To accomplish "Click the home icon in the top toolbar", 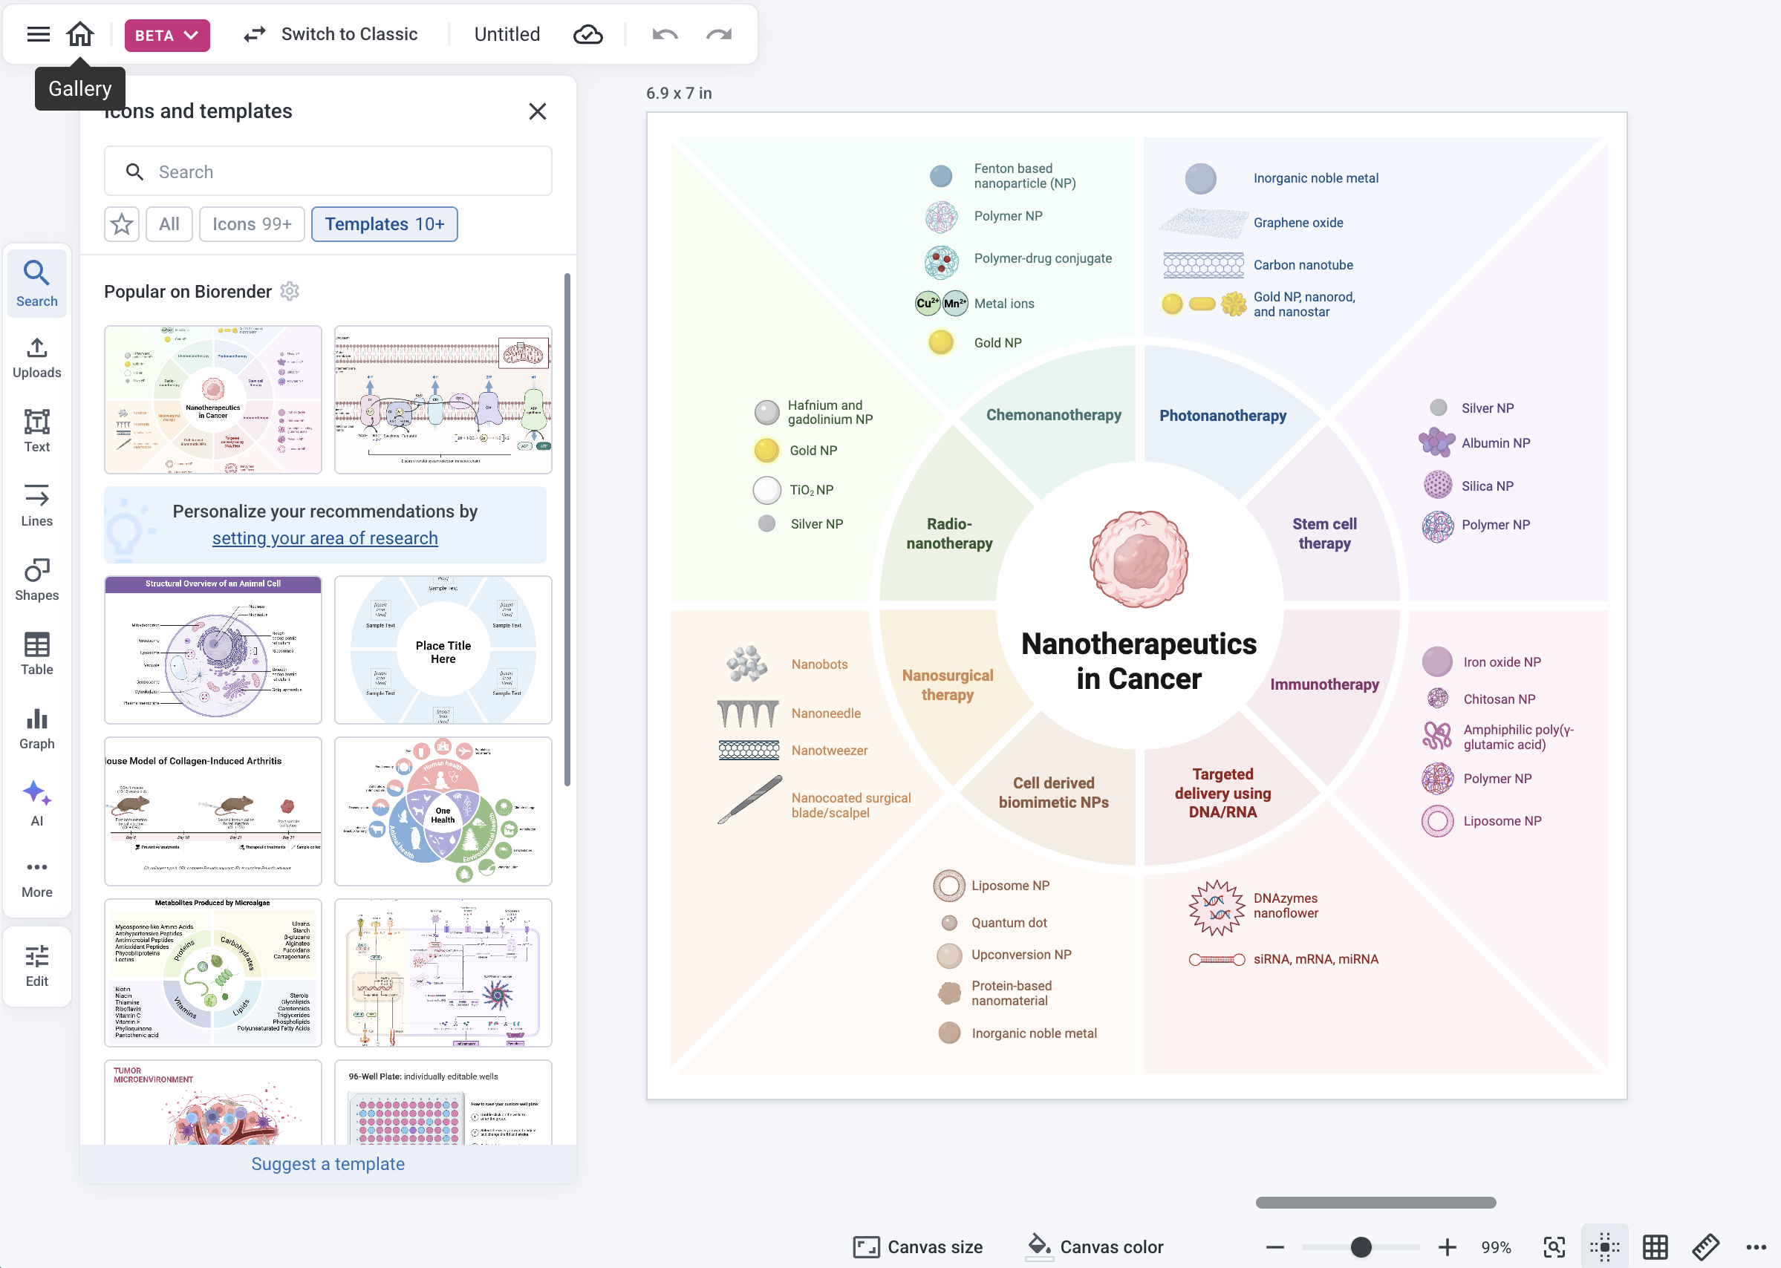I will pos(79,34).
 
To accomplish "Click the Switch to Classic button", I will pos(331,34).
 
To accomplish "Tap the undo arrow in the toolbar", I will pos(665,34).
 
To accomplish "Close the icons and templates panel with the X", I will pos(538,111).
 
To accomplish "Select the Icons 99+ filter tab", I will pos(252,225).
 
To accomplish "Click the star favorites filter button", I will pos(122,225).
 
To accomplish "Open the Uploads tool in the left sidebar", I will pos(36,358).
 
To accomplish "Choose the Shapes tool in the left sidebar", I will pos(36,579).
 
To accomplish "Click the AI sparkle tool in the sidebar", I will pos(36,803).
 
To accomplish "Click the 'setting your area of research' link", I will pos(325,539).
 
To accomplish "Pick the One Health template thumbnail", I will pos(443,811).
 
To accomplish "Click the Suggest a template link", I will pos(328,1164).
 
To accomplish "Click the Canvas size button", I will pos(918,1247).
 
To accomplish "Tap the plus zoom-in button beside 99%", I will pos(1447,1247).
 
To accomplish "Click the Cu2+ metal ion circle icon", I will pos(927,304).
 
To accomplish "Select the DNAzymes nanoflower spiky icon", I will pos(1216,907).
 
